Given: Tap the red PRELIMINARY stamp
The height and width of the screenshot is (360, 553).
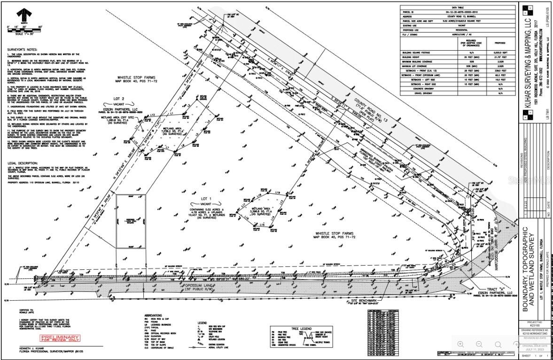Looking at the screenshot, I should [x=60, y=338].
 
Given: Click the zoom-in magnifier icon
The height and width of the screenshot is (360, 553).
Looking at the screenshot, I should [x=461, y=344].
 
